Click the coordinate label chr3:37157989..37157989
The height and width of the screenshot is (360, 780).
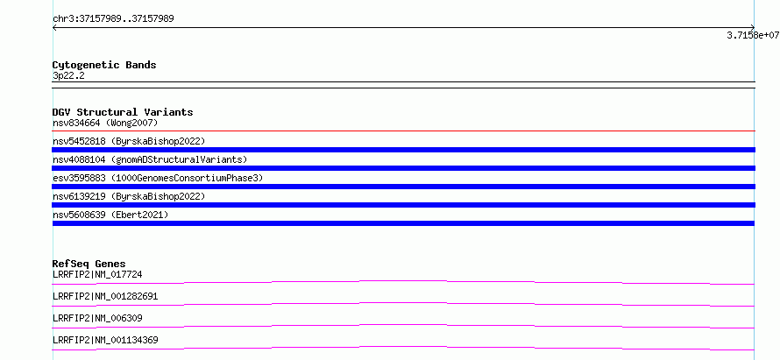113,19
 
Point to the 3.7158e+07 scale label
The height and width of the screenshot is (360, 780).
753,35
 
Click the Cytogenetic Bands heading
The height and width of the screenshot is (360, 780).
104,65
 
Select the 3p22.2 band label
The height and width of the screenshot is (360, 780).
68,75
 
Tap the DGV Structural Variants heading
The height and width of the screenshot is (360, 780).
123,112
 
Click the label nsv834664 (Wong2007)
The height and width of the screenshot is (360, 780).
105,123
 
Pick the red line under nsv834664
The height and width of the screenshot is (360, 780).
404,131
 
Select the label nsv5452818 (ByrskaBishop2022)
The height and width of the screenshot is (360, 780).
129,141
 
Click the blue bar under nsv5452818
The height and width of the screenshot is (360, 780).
404,150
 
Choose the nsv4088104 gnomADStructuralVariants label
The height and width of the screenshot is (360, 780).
150,159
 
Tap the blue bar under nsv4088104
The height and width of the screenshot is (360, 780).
404,168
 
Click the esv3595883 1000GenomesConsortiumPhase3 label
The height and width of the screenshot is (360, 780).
158,178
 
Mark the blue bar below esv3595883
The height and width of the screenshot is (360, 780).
404,187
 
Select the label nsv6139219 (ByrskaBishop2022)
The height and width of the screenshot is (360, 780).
129,196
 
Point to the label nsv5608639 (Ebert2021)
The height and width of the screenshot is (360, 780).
110,215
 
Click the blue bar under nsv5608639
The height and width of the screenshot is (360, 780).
404,223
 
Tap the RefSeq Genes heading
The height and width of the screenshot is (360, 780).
89,264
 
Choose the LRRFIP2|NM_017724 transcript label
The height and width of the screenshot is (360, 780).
97,274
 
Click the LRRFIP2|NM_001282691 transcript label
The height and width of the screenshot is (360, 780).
105,296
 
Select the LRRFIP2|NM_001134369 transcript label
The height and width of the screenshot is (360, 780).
105,340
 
